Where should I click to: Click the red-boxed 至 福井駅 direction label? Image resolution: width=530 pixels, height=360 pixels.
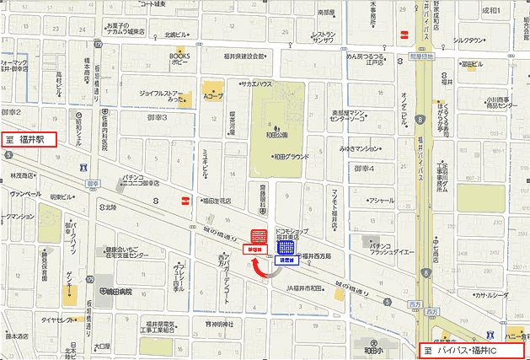[29, 139]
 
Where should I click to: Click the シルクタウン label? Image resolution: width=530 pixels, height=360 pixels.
[468, 40]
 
